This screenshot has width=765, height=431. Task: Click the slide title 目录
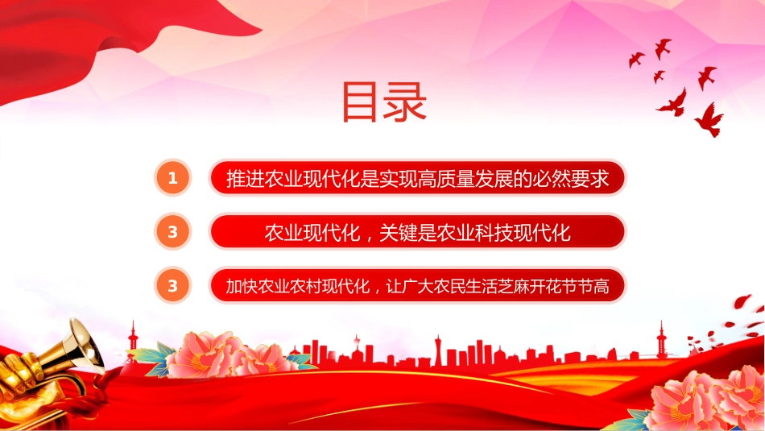pos(384,102)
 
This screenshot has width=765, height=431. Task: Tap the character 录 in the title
pos(405,102)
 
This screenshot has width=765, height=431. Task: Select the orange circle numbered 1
pos(172,178)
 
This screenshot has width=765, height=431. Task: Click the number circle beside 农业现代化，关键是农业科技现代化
pos(172,232)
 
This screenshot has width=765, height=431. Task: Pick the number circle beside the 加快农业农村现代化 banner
pos(172,285)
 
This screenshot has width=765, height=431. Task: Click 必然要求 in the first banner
pos(571,179)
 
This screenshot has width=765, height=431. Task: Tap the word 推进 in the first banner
pos(245,179)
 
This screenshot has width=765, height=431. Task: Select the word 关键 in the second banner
pos(398,233)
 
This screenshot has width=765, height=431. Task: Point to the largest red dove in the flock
pos(710,119)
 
